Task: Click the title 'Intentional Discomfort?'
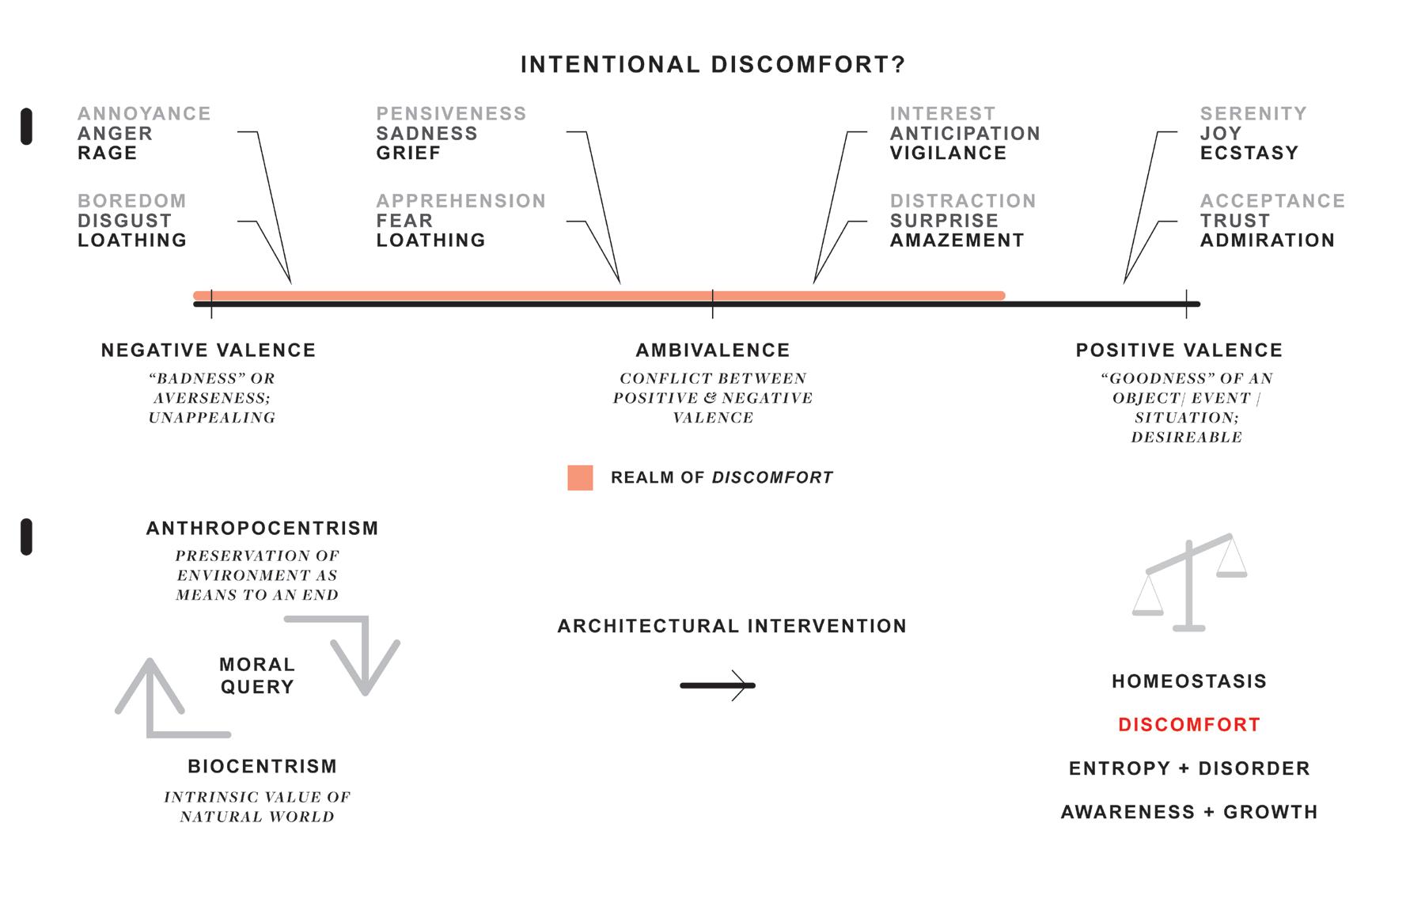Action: click(712, 65)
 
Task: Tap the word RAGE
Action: click(108, 154)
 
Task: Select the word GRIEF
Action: click(408, 154)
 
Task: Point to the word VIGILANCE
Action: click(948, 154)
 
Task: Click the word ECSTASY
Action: click(1249, 154)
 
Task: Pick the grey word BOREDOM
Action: click(132, 201)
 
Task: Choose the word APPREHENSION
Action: click(461, 201)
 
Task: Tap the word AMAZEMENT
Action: click(957, 241)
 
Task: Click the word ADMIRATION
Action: click(1268, 241)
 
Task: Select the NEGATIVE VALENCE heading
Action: click(209, 351)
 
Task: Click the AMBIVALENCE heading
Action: click(713, 351)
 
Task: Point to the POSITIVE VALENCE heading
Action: click(1179, 351)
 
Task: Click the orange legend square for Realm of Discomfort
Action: click(580, 478)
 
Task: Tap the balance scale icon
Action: click(1189, 582)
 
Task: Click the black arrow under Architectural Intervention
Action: click(718, 685)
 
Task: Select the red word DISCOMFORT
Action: click(1189, 725)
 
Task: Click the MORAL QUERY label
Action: click(257, 676)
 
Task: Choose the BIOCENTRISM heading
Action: click(263, 767)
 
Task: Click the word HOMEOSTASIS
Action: click(1189, 681)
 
